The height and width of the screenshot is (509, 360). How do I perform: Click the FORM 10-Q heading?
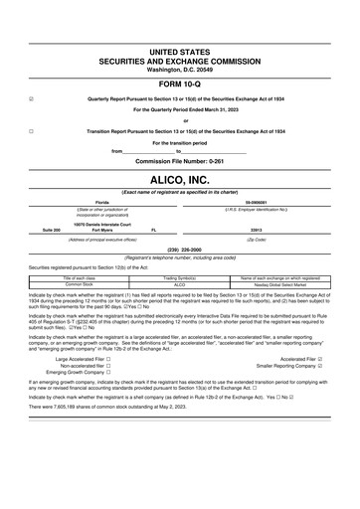179,83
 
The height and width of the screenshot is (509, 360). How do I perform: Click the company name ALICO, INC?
179,178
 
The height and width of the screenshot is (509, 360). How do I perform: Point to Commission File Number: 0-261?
179,160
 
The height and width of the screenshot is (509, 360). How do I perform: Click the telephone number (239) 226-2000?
179,250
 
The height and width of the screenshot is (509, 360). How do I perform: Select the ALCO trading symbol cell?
180,283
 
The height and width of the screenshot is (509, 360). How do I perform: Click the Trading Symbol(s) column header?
180,276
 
